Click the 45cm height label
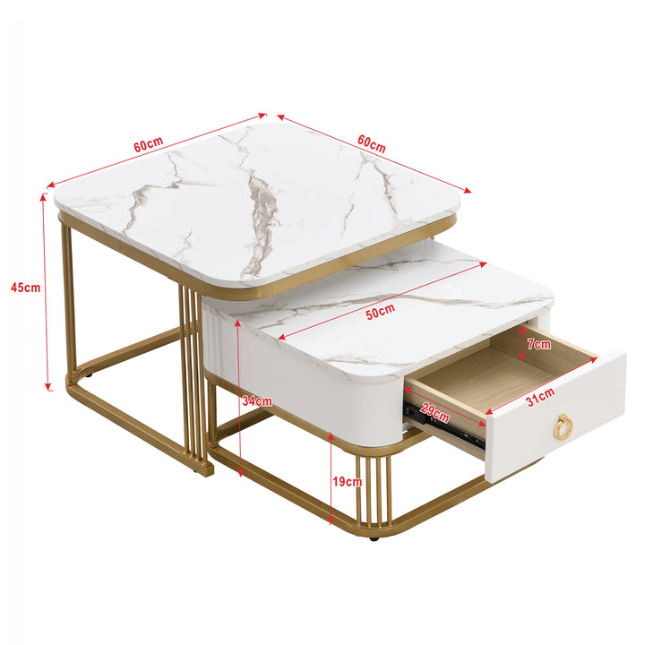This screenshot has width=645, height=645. tap(25, 288)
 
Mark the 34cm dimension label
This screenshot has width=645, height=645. tap(256, 401)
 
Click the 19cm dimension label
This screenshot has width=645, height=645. tap(348, 481)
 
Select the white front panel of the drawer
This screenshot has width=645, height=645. tap(555, 421)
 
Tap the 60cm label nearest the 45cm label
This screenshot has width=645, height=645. tap(149, 143)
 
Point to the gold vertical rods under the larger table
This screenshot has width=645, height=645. tap(189, 376)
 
